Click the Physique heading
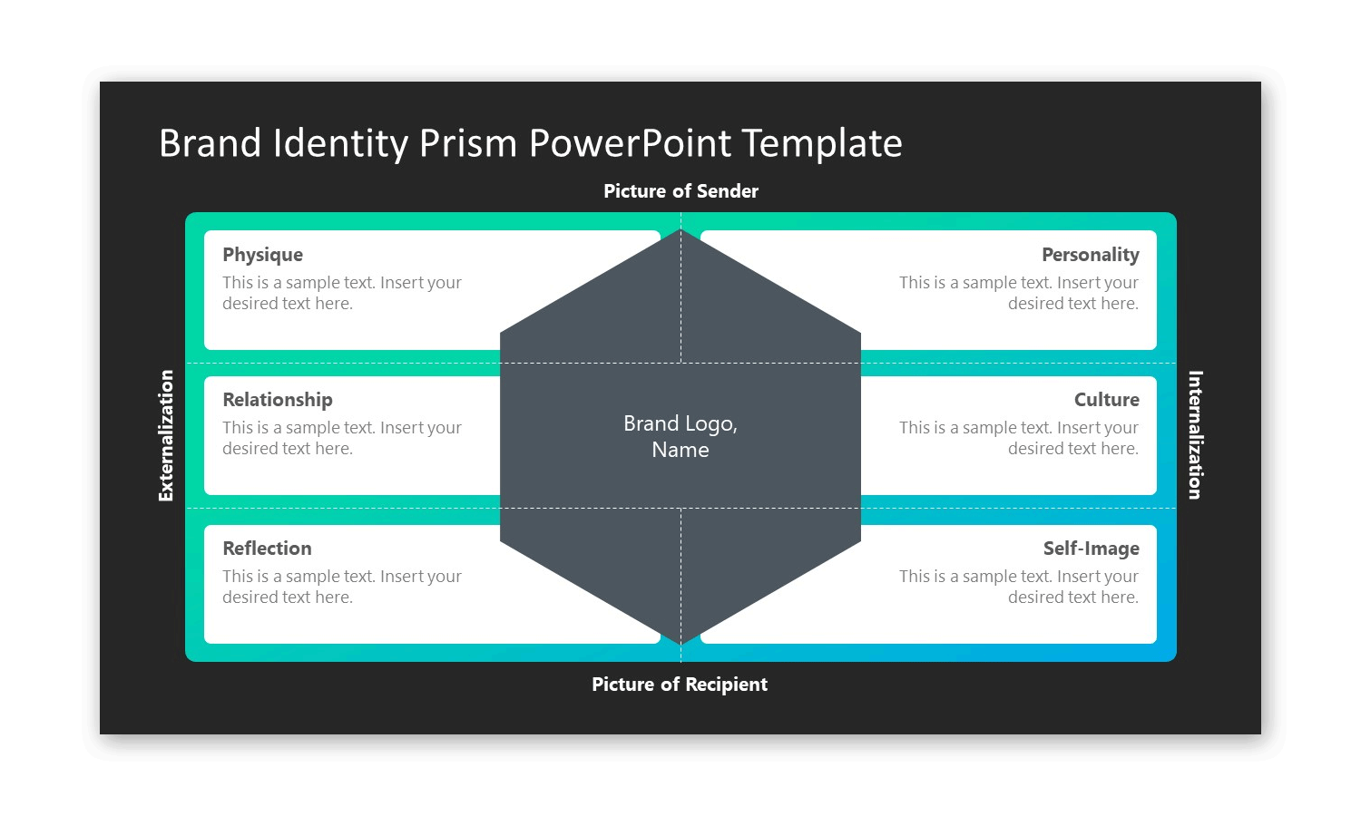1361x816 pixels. pos(262,255)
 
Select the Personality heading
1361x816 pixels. pos(1090,255)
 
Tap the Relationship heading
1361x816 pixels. pos(277,400)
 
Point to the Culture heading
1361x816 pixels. pos(1106,400)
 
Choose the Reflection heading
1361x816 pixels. pos(267,549)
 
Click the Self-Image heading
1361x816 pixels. pos(1091,549)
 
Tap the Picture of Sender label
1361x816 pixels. pos(680,191)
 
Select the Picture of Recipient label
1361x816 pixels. pos(680,685)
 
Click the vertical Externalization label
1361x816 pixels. pos(166,435)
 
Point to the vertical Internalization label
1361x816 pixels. pos(1195,435)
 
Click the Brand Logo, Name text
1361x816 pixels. pos(680,436)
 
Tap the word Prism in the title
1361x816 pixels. pos(467,143)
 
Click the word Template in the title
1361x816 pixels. pos(821,143)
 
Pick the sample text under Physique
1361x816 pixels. pos(341,293)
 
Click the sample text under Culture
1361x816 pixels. pos(1018,438)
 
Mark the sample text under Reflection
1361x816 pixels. pos(341,587)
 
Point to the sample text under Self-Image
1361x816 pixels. pos(1018,587)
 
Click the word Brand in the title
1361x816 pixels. pos(210,143)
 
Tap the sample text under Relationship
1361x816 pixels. pos(341,438)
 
